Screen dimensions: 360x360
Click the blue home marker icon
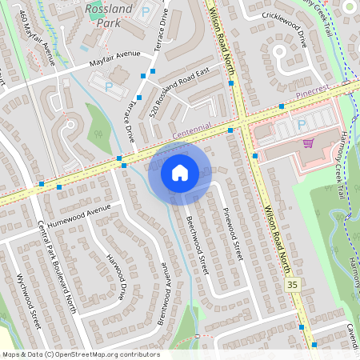pos(180,173)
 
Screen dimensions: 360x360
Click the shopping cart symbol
pos(308,143)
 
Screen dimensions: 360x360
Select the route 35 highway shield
pos(293,285)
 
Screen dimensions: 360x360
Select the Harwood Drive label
pos(117,277)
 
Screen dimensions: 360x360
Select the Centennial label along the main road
pos(190,128)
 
